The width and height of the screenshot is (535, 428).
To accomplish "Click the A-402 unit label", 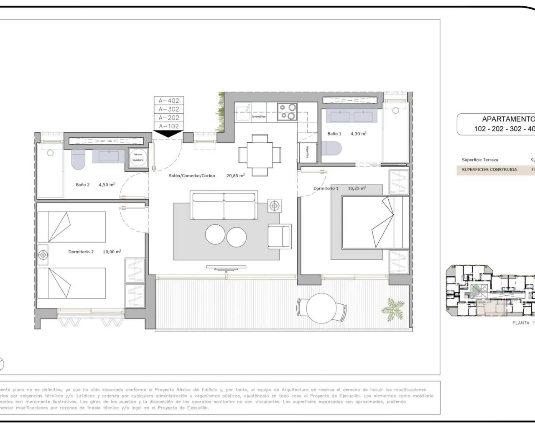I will point(168,101).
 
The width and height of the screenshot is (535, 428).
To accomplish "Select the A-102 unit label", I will point(168,126).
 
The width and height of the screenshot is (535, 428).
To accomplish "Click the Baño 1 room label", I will point(334,134).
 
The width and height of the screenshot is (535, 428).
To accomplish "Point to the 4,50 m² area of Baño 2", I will point(107,184).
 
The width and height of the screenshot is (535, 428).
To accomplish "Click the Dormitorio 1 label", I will point(326,189).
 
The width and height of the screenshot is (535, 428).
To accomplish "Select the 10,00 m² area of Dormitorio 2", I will point(112,252).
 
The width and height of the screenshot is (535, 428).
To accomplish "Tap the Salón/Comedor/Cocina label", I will point(192,176).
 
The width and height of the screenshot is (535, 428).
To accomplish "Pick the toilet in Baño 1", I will point(331,148).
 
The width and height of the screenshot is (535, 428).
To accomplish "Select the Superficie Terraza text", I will point(480,160).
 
